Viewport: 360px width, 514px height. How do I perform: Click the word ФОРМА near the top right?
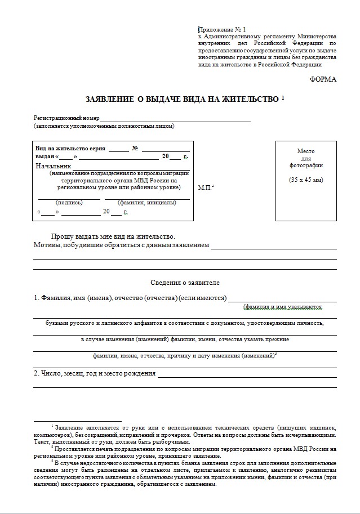pyautogui.click(x=323, y=79)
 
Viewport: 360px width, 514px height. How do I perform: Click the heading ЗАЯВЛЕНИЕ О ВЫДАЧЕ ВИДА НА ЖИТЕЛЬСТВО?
pyautogui.click(x=182, y=100)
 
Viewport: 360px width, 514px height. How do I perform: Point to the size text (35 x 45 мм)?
pyautogui.click(x=306, y=180)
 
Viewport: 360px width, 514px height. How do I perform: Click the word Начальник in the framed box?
pyautogui.click(x=54, y=166)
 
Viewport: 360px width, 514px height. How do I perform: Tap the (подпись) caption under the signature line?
pyautogui.click(x=69, y=202)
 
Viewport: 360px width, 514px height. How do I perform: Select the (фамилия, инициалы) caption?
pyautogui.click(x=146, y=202)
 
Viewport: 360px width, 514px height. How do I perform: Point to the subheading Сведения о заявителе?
pyautogui.click(x=185, y=282)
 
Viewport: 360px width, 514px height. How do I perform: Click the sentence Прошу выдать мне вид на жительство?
pyautogui.click(x=113, y=237)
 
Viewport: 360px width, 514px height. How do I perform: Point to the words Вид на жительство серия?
pyautogui.click(x=70, y=148)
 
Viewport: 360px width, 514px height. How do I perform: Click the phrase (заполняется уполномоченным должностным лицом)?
pyautogui.click(x=104, y=126)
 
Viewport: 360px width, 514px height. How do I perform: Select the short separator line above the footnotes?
pyautogui.click(x=77, y=421)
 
